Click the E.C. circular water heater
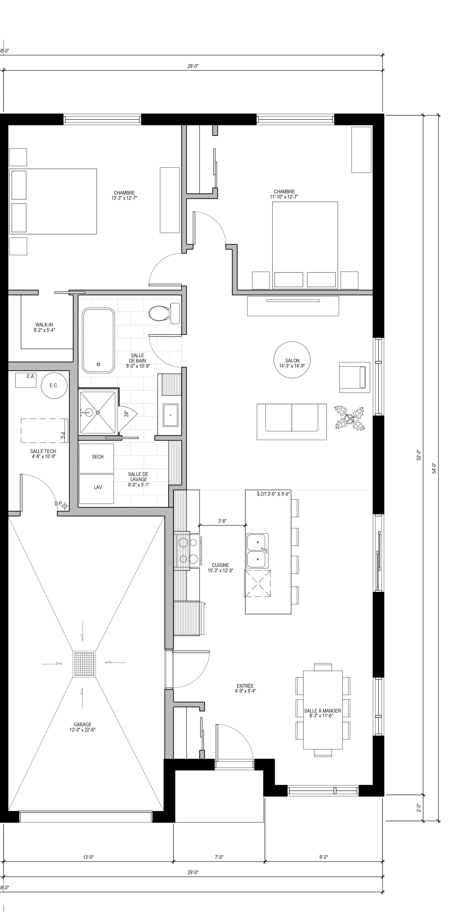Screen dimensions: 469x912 pyautogui.click(x=54, y=385)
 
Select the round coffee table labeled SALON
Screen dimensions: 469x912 pyautogui.click(x=292, y=360)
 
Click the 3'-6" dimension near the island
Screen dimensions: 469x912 pyautogui.click(x=222, y=521)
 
